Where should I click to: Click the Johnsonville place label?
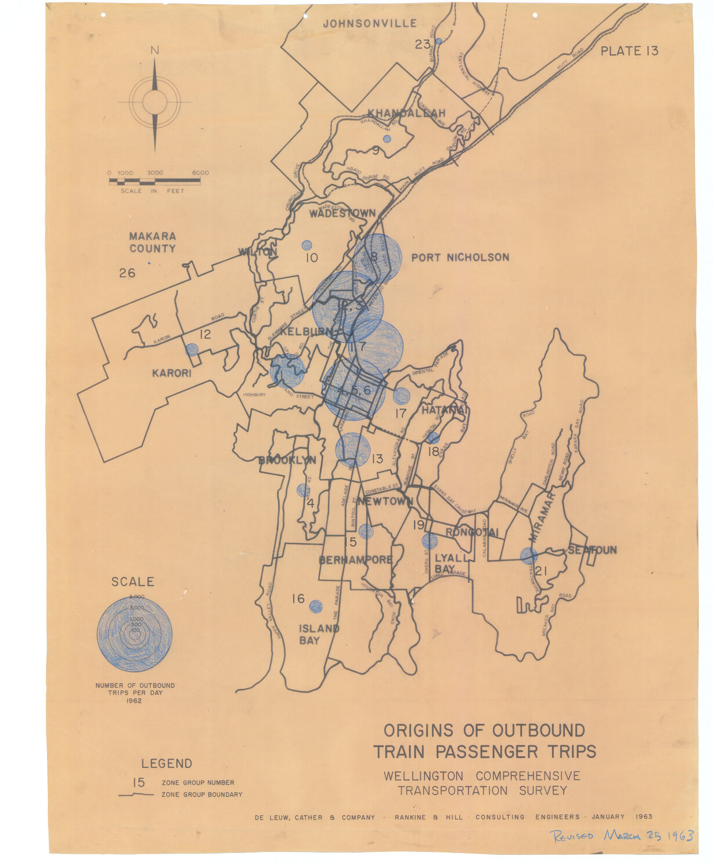coord(370,23)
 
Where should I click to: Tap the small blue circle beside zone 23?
coord(438,41)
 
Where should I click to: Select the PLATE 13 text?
coord(629,51)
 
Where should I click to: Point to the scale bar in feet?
coord(155,182)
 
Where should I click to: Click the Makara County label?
coord(152,242)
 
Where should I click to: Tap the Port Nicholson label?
coord(460,258)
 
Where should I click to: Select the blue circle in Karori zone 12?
coord(192,350)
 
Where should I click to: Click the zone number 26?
coord(127,273)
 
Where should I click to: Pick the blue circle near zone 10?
coord(306,245)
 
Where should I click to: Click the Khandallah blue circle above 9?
coord(387,139)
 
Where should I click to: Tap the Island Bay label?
coord(318,634)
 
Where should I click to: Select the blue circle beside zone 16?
coord(315,606)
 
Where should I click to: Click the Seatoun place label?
coord(592,550)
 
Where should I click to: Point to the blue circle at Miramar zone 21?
coord(528,556)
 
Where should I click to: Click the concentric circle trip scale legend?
coord(135,634)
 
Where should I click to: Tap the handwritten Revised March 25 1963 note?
coord(622,836)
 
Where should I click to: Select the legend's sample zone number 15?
coord(138,782)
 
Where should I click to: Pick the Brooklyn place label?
coord(287,460)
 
